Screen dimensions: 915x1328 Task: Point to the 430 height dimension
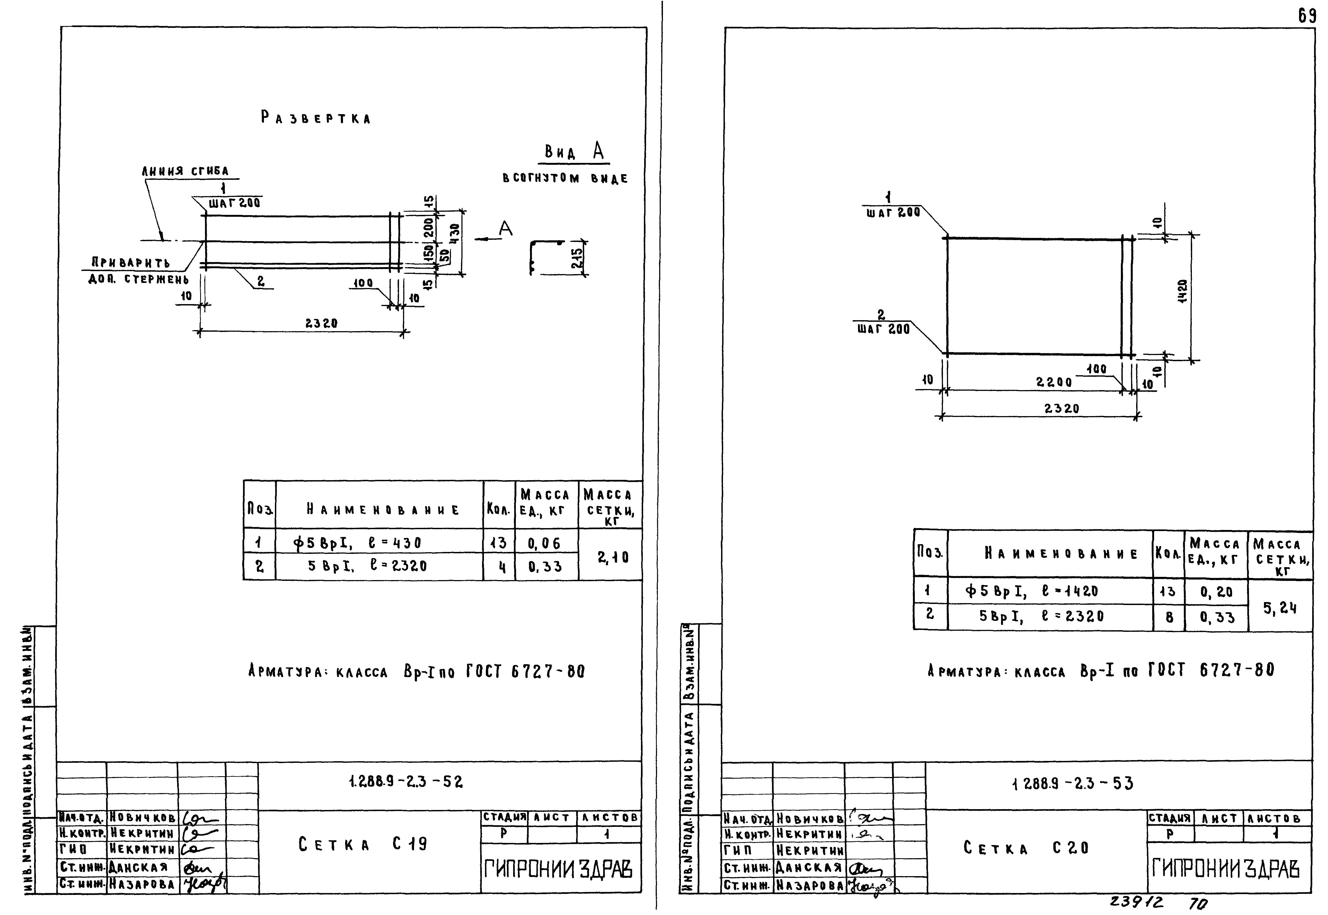[454, 234]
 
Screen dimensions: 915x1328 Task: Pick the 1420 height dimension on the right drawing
[1182, 291]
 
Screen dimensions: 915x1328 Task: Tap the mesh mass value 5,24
[1280, 608]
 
